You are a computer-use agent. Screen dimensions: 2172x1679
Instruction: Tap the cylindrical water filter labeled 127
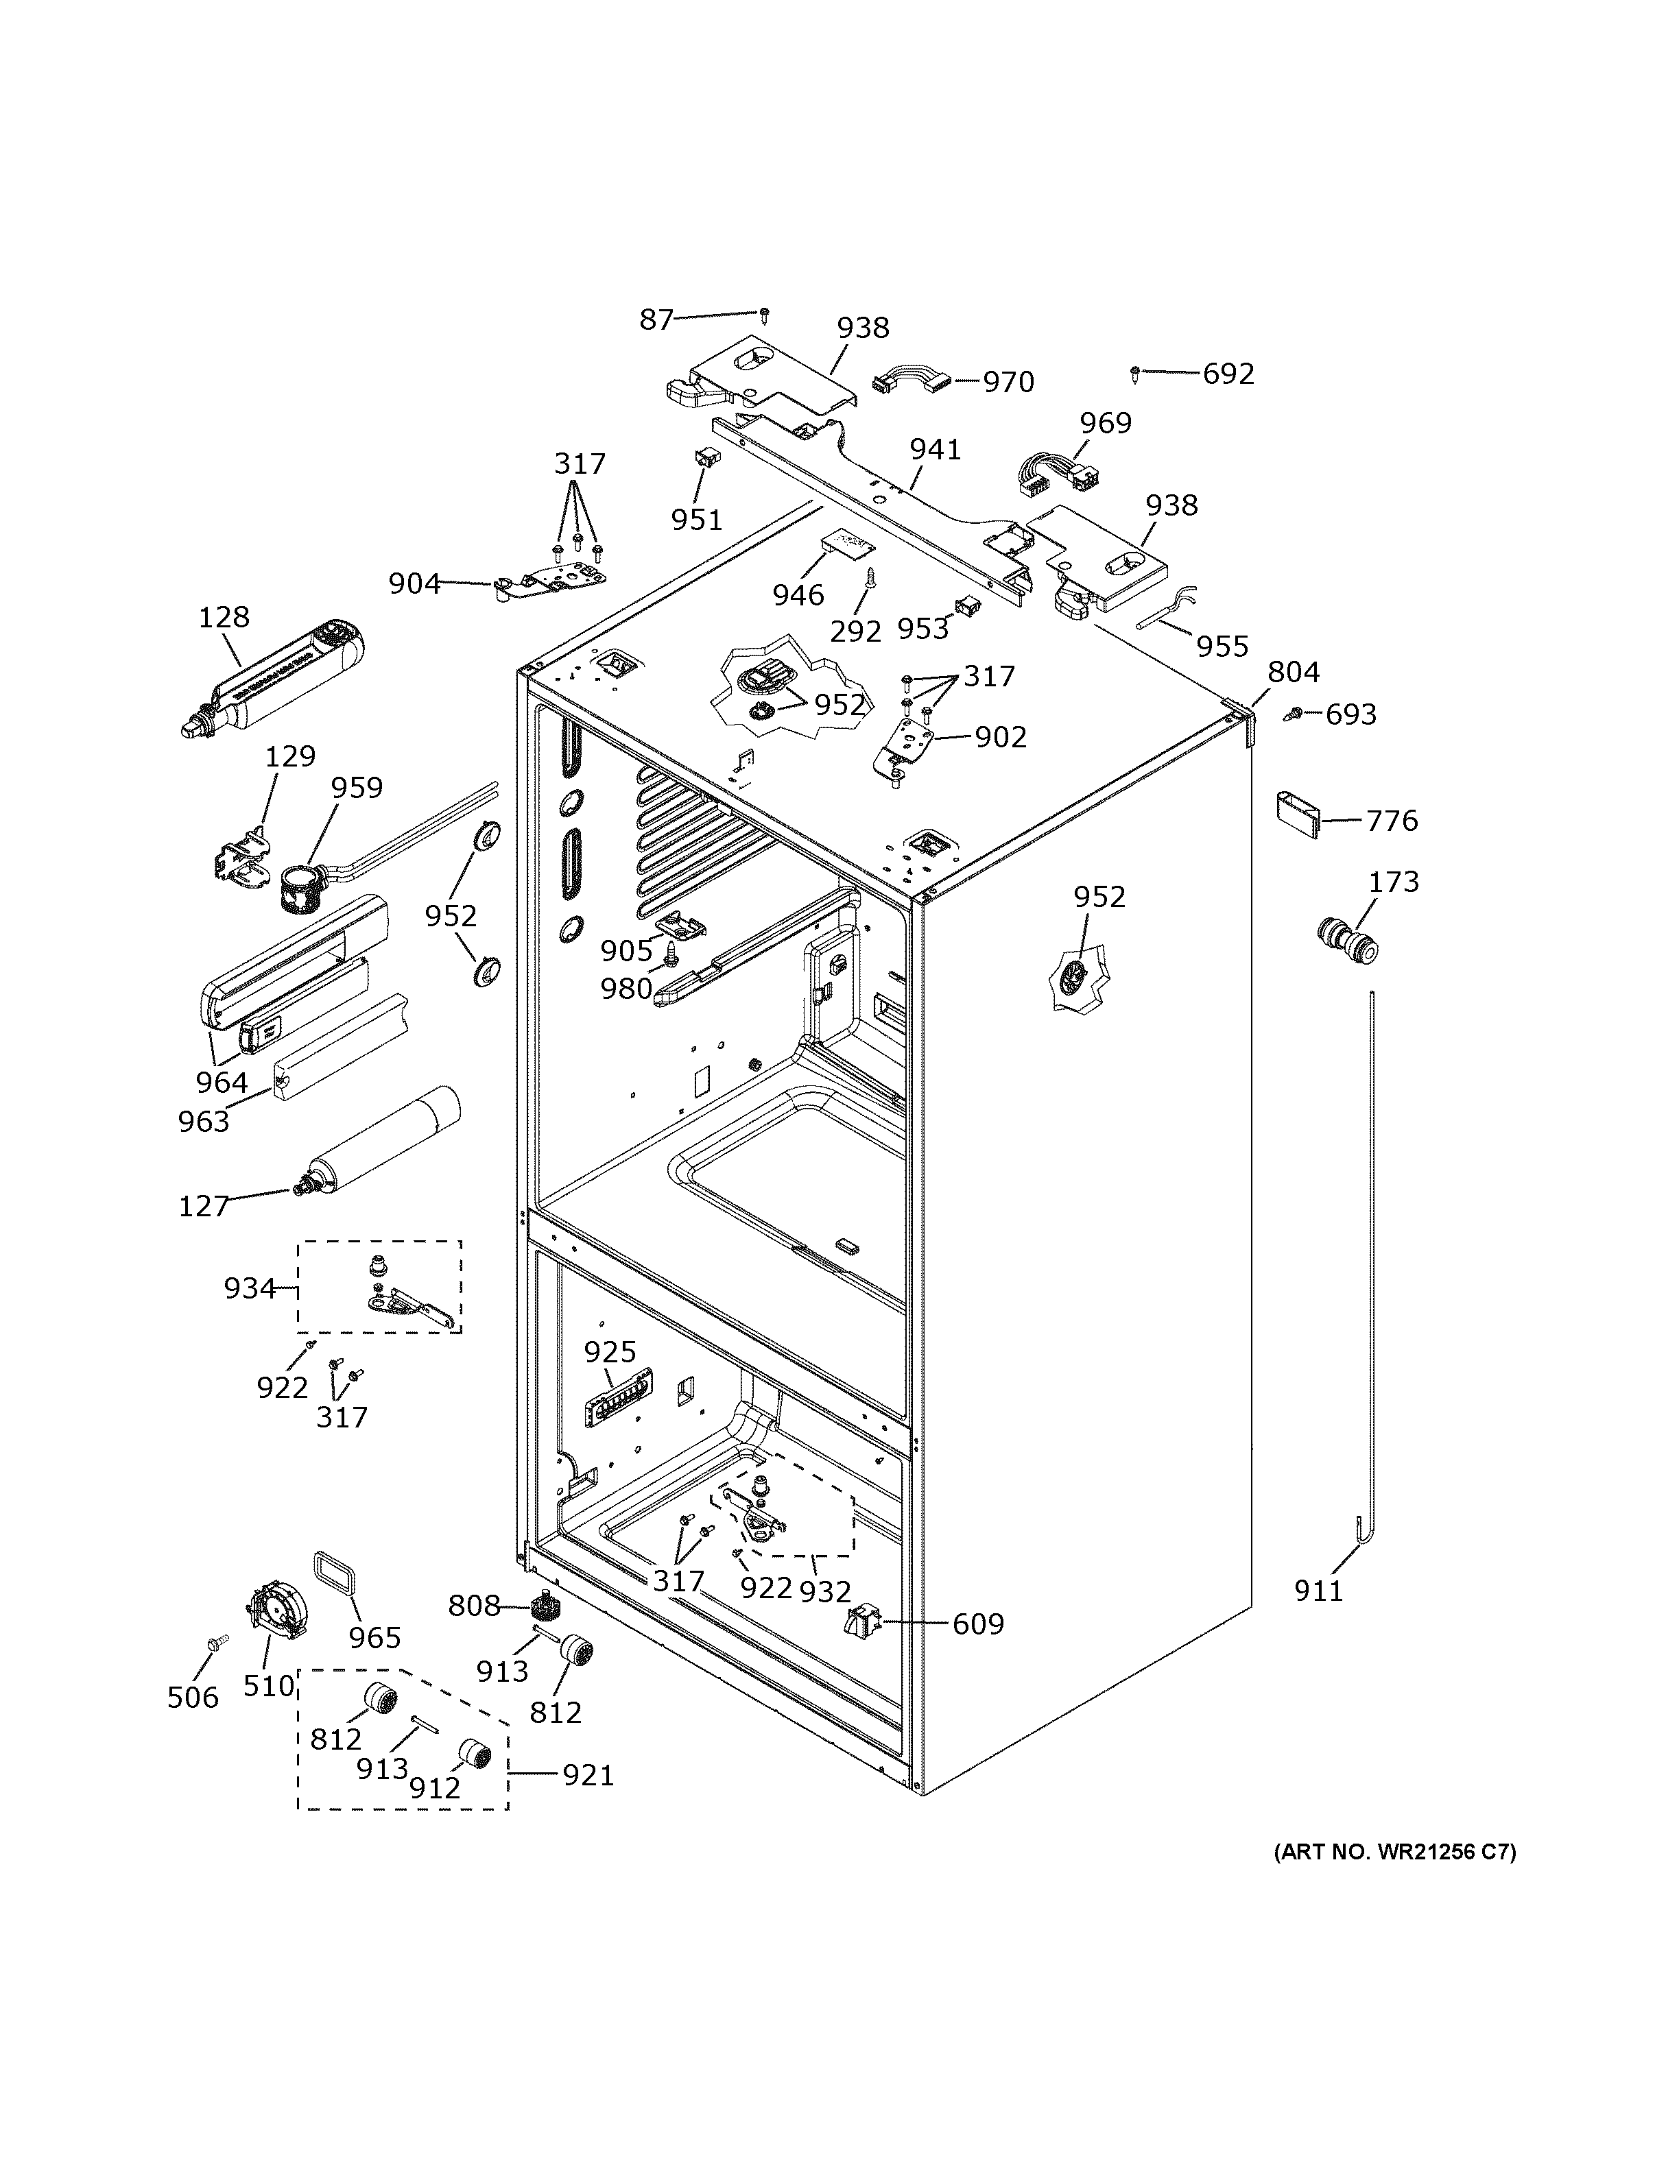[383, 1144]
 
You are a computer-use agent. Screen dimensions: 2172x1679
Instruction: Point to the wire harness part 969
[1054, 476]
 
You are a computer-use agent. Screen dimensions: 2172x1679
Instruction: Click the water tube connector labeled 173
[1348, 942]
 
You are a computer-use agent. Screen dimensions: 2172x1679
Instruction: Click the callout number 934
[249, 1289]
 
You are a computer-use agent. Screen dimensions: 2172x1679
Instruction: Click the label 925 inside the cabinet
[609, 1351]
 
